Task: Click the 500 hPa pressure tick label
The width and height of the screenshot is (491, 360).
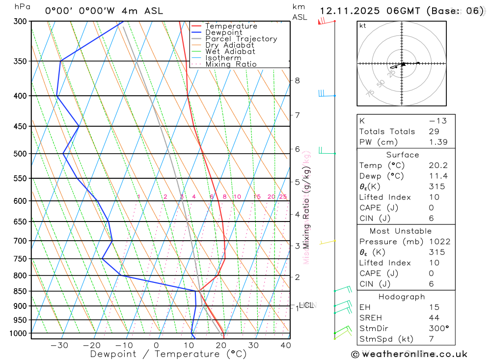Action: click(20, 154)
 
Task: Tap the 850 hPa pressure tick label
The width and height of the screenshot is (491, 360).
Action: click(20, 291)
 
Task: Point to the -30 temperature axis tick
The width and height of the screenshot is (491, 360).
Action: click(59, 345)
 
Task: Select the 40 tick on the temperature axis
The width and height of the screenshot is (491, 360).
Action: click(285, 345)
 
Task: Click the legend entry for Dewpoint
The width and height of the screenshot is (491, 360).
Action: click(223, 32)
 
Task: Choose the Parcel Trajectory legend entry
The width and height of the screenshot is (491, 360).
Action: click(241, 39)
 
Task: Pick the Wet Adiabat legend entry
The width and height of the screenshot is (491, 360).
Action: click(230, 52)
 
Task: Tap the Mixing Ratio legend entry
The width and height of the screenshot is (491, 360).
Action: click(231, 64)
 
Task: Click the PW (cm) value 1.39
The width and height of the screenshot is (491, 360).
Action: click(437, 142)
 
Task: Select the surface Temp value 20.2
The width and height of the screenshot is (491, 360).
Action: click(437, 166)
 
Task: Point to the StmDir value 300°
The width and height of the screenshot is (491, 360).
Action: click(438, 329)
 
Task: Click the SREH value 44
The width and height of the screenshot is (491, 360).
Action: click(434, 318)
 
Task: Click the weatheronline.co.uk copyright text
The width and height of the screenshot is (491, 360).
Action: click(409, 354)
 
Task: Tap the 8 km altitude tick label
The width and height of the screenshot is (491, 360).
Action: click(297, 81)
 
